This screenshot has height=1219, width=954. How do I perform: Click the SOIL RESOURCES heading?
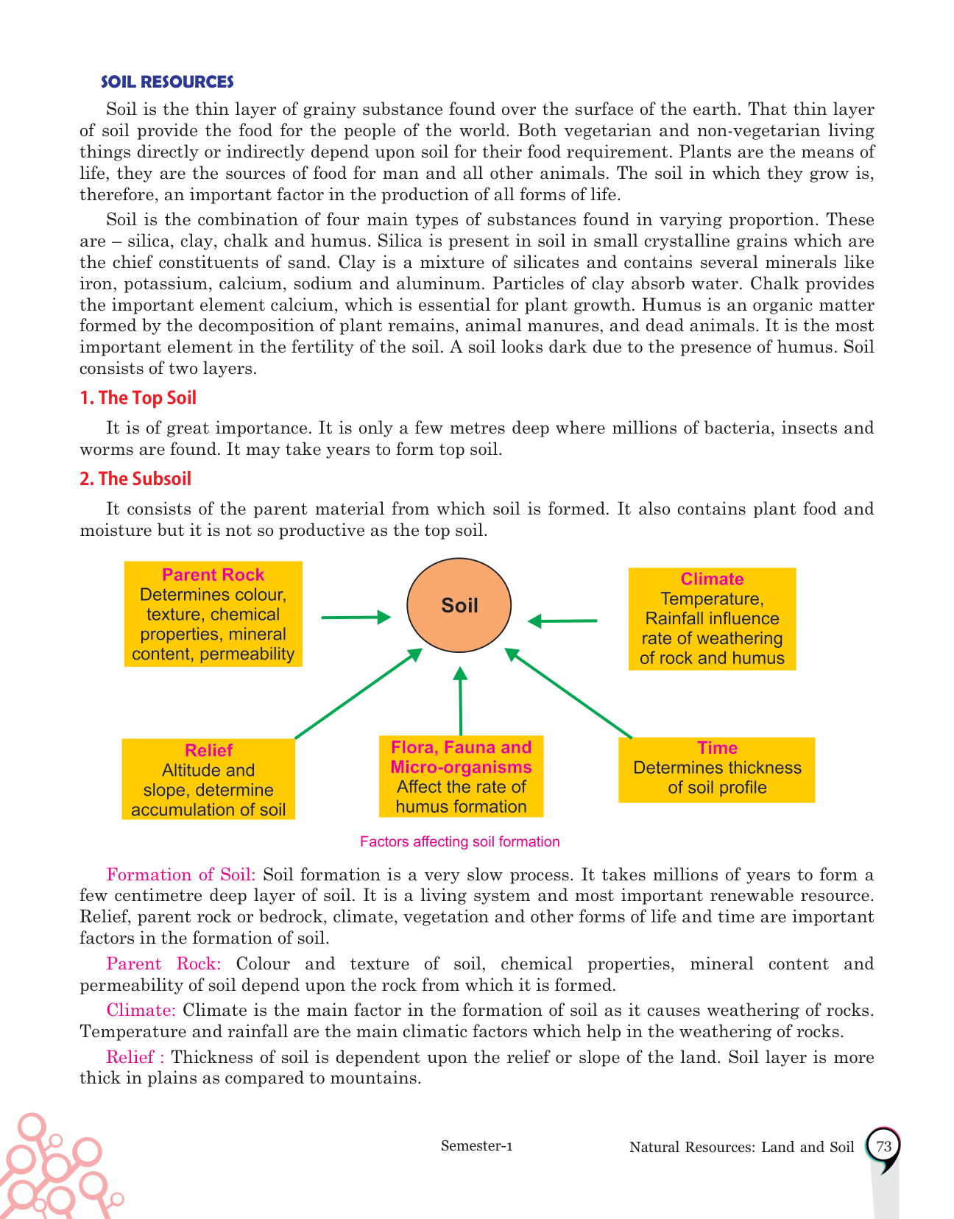[167, 82]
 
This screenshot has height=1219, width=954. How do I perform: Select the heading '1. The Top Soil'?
[138, 398]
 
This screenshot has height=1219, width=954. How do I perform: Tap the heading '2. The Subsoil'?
[135, 479]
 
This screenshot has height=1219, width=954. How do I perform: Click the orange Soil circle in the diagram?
[459, 605]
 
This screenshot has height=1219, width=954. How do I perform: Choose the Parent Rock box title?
[213, 575]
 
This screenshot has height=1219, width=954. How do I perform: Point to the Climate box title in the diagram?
[712, 579]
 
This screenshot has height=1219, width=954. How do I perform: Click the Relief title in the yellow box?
[208, 750]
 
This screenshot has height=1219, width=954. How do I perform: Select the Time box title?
[717, 748]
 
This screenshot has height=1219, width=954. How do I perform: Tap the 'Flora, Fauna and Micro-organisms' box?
[461, 777]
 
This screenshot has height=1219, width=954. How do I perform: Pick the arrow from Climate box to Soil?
[563, 621]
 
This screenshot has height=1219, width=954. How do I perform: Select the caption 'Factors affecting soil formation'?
[460, 841]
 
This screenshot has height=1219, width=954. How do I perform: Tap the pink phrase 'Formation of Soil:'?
[181, 875]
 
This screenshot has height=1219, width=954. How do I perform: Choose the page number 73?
[884, 1146]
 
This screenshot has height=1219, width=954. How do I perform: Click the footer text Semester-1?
[476, 1145]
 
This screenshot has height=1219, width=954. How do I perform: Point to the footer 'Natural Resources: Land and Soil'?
[742, 1147]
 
